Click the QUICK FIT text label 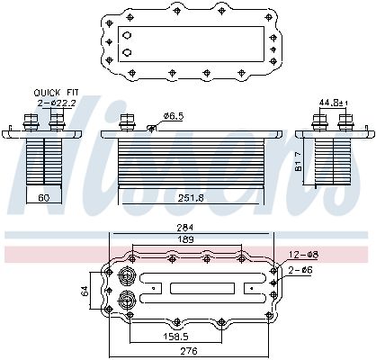coord(55,93)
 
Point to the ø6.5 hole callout coord(174,116)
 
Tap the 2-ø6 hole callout coord(301,268)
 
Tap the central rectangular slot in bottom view coord(196,289)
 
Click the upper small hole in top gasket coord(127,36)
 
